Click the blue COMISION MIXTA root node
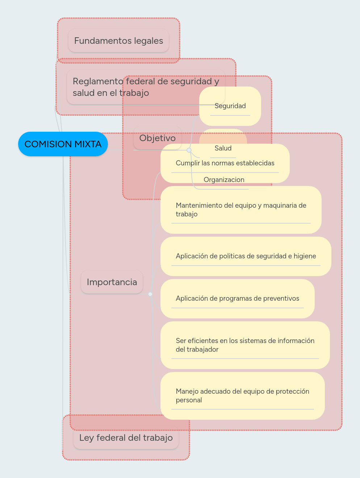pyautogui.click(x=63, y=144)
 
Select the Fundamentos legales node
pyautogui.click(x=118, y=41)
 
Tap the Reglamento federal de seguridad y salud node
pyautogui.click(x=146, y=87)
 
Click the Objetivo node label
pyautogui.click(x=157, y=138)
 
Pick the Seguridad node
pyautogui.click(x=230, y=106)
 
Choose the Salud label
pyautogui.click(x=223, y=148)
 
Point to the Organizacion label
pyautogui.click(x=224, y=180)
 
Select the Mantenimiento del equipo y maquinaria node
pyautogui.click(x=241, y=210)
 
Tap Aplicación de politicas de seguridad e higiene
pyautogui.click(x=246, y=256)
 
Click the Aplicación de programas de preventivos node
pyautogui.click(x=238, y=299)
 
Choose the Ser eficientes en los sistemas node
pyautogui.click(x=245, y=345)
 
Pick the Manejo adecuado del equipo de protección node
pyautogui.click(x=243, y=396)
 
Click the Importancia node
pyautogui.click(x=112, y=282)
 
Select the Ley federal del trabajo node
pyautogui.click(x=126, y=437)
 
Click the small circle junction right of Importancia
pyautogui.click(x=150, y=294)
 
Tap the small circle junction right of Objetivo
pyautogui.click(x=189, y=150)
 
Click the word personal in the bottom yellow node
pyautogui.click(x=189, y=400)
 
